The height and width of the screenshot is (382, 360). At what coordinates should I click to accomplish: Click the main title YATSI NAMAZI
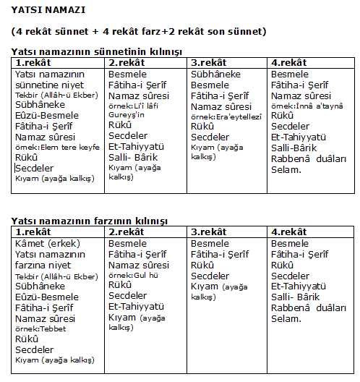[48, 12]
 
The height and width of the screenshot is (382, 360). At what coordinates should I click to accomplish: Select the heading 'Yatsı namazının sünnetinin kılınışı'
[97, 52]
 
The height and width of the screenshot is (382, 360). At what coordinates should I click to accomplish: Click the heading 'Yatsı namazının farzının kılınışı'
[90, 221]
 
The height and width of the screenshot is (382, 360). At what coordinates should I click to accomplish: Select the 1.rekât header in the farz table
[35, 232]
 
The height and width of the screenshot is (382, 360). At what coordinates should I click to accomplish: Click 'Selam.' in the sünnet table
[286, 169]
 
